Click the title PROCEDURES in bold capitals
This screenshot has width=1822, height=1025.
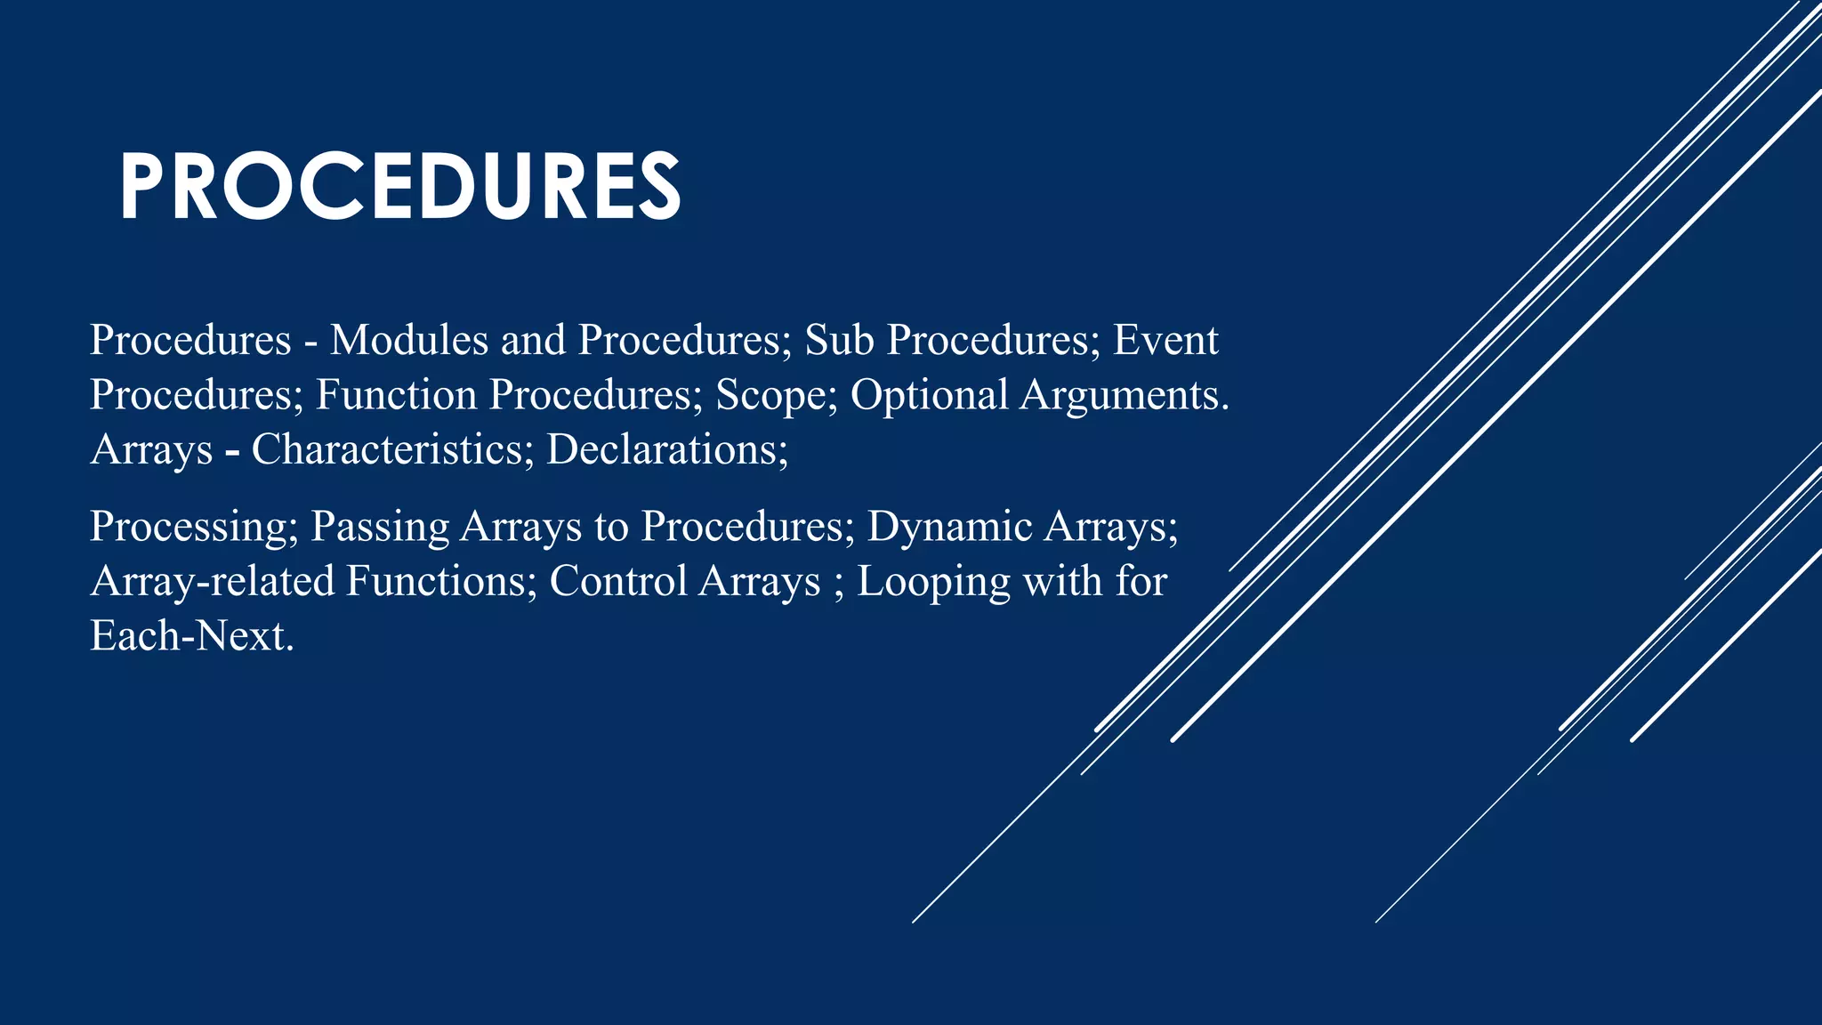tap(400, 186)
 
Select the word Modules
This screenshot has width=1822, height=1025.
tap(409, 340)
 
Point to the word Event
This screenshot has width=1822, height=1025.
tap(1165, 340)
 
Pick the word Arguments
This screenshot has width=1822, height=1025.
tap(1125, 395)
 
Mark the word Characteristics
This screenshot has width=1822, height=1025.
tap(387, 449)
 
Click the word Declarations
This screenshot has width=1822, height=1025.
tap(666, 449)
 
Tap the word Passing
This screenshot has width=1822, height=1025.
tap(380, 527)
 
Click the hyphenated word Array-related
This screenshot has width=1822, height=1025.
tap(213, 581)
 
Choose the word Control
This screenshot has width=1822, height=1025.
tap(617, 581)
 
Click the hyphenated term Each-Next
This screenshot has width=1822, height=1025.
tap(191, 636)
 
